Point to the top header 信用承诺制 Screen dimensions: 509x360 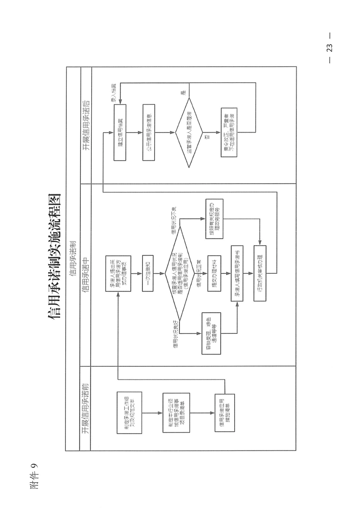[x=73, y=259]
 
